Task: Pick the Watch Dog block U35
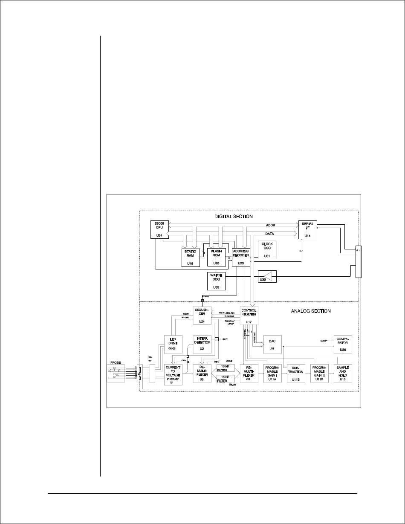(x=216, y=281)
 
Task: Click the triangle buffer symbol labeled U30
(x=267, y=277)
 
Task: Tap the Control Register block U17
(x=249, y=316)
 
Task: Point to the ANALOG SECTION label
(x=310, y=311)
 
